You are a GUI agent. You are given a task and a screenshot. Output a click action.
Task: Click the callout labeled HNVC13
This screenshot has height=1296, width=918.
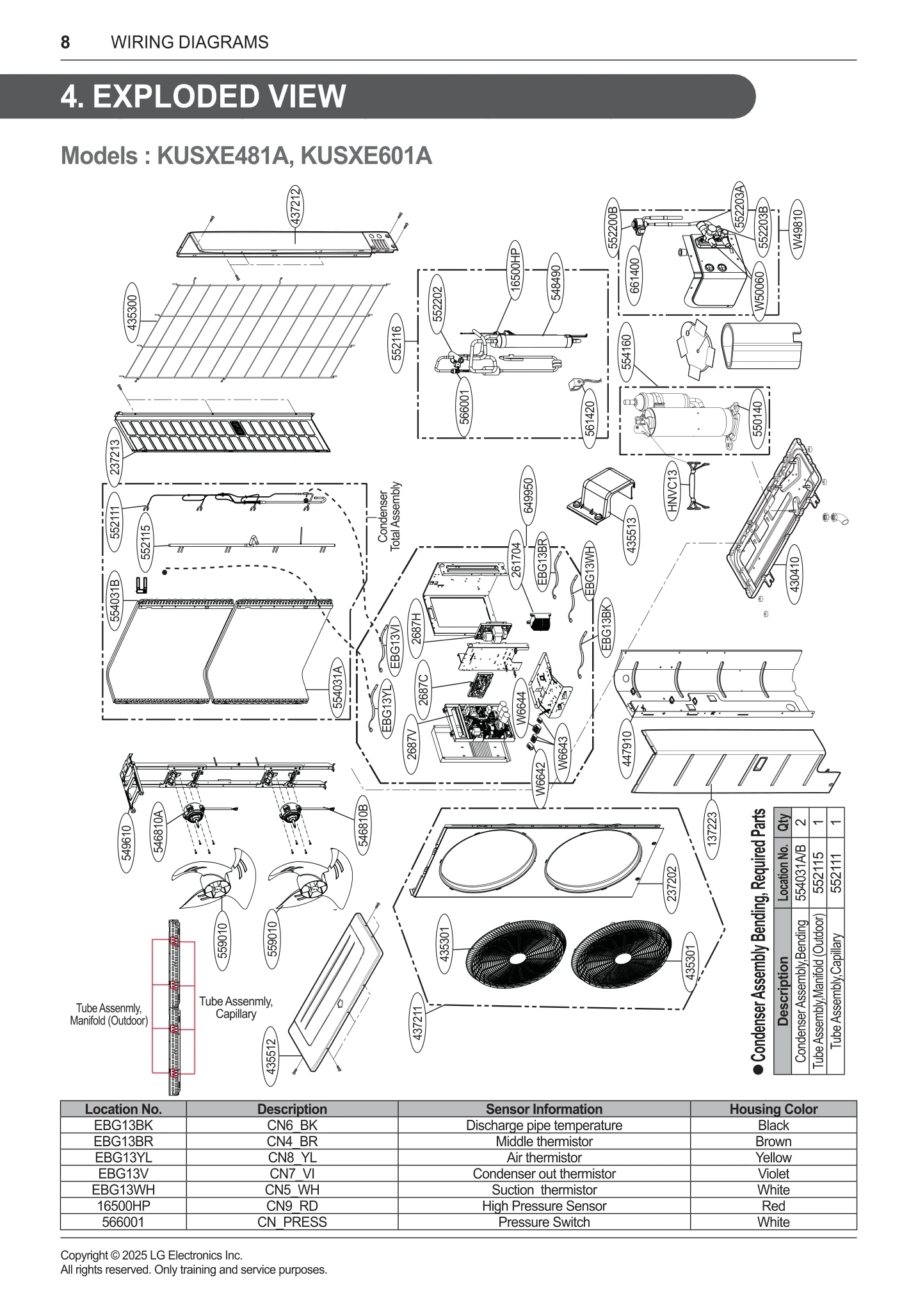(x=672, y=490)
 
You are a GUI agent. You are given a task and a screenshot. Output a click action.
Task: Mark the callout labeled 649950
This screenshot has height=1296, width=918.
(x=528, y=496)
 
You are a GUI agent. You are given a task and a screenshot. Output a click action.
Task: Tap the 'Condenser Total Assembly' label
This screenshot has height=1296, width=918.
(x=389, y=517)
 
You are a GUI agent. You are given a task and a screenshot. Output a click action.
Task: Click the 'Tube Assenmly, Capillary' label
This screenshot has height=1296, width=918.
(x=236, y=1007)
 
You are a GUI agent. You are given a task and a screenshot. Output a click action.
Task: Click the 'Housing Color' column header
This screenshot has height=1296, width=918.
(x=773, y=1109)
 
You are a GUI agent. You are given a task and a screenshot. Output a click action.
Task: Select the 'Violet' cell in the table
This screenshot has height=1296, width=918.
(x=773, y=1174)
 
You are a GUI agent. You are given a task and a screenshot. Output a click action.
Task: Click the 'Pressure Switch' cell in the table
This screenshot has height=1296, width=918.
(x=544, y=1222)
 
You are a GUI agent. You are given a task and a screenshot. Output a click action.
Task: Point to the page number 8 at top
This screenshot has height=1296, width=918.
(x=65, y=42)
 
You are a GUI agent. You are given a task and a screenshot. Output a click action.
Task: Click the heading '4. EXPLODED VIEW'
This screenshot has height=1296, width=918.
(x=204, y=97)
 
